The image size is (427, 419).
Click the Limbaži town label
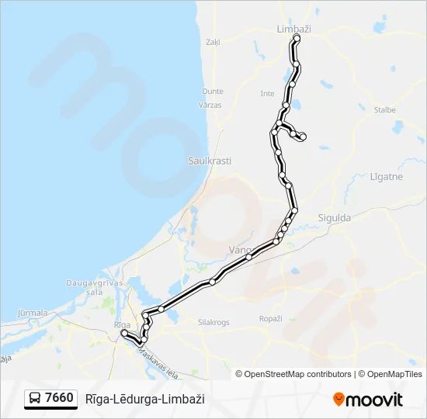293,29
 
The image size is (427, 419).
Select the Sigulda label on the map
335,218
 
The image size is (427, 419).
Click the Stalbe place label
384,110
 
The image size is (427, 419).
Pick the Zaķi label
213,43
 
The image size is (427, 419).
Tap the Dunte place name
213,92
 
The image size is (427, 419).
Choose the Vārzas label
210,105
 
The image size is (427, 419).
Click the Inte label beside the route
268,94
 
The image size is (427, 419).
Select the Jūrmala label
32,313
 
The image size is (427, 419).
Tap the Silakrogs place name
214,321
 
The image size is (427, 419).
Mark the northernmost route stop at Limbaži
297,37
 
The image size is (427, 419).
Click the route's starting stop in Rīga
124,333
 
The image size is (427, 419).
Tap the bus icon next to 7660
35,399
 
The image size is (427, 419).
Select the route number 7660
60,399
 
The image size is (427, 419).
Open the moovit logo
368,400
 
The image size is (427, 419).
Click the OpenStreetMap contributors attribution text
293,374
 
